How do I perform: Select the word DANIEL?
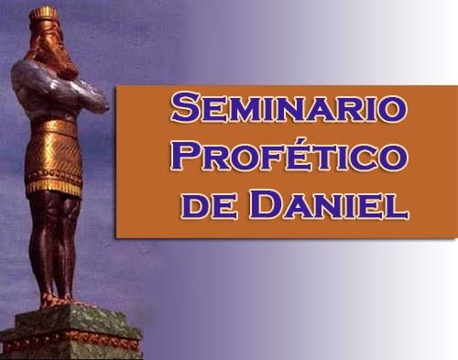[x=328, y=203]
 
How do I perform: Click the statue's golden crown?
[x=44, y=15]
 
